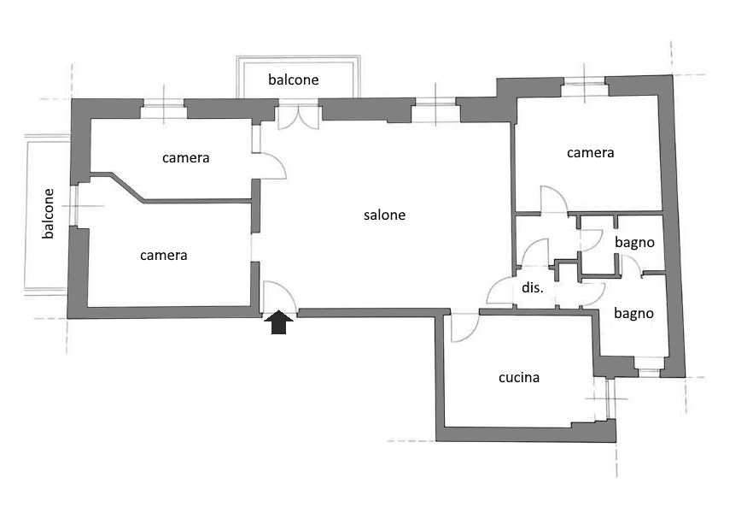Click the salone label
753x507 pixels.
[384, 215]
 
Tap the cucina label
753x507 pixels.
[519, 377]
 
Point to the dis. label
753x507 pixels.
[533, 287]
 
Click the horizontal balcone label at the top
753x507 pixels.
[294, 80]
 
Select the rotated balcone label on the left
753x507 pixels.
[48, 214]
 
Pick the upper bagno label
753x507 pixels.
[634, 243]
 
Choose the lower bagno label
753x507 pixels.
[633, 314]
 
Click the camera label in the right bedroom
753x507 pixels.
[590, 153]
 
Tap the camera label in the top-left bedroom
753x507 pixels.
[186, 158]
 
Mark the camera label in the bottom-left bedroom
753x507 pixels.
[163, 255]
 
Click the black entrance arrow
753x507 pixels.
[279, 321]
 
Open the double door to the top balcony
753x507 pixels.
[298, 116]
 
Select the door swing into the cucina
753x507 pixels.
[464, 328]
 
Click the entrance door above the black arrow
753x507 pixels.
[280, 297]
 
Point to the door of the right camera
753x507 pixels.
[554, 199]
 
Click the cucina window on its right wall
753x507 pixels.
[608, 398]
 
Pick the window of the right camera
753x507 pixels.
[584, 85]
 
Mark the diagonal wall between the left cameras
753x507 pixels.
[126, 188]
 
